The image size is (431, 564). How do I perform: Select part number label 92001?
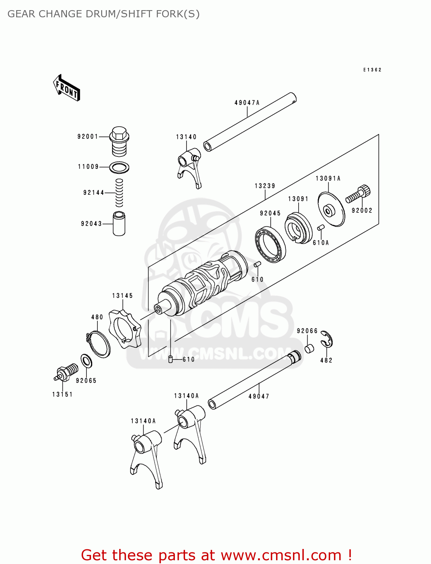coord(88,136)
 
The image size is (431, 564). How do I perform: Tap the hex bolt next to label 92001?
coord(119,141)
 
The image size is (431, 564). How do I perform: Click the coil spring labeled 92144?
coord(119,193)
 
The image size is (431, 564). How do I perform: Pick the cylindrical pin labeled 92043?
coord(119,224)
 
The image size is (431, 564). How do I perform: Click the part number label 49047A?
coord(247,103)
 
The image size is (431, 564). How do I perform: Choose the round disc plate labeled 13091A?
coord(331,209)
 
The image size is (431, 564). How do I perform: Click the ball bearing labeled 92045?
coord(270,245)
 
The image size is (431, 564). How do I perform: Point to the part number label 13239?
coord(265,186)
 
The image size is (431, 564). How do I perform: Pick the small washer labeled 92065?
coord(87,361)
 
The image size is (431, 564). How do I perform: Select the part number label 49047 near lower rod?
coord(259,396)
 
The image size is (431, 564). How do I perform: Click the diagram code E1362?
coord(372,70)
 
